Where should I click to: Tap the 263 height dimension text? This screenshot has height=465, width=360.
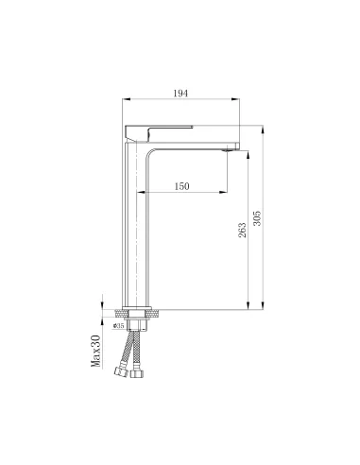pos(242,229)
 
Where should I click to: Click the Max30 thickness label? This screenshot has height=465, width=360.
pos(96,352)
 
